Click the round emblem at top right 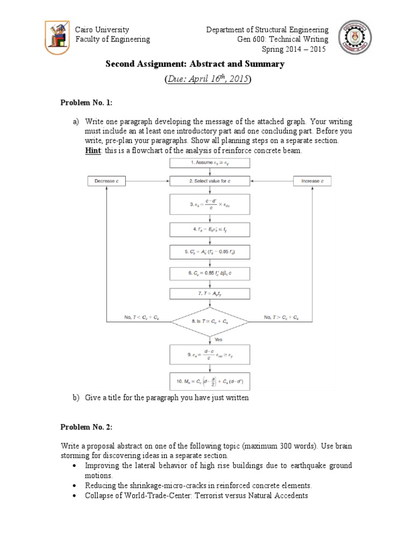point(355,40)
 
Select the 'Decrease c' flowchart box point(108,181)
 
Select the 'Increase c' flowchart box point(314,181)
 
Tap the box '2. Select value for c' point(210,181)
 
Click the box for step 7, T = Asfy point(210,294)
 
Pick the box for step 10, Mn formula point(210,383)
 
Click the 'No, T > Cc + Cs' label point(280,317)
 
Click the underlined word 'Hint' point(92,151)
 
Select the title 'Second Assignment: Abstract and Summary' point(194,65)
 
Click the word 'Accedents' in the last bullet point(290,495)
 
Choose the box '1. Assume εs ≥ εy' point(210,162)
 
